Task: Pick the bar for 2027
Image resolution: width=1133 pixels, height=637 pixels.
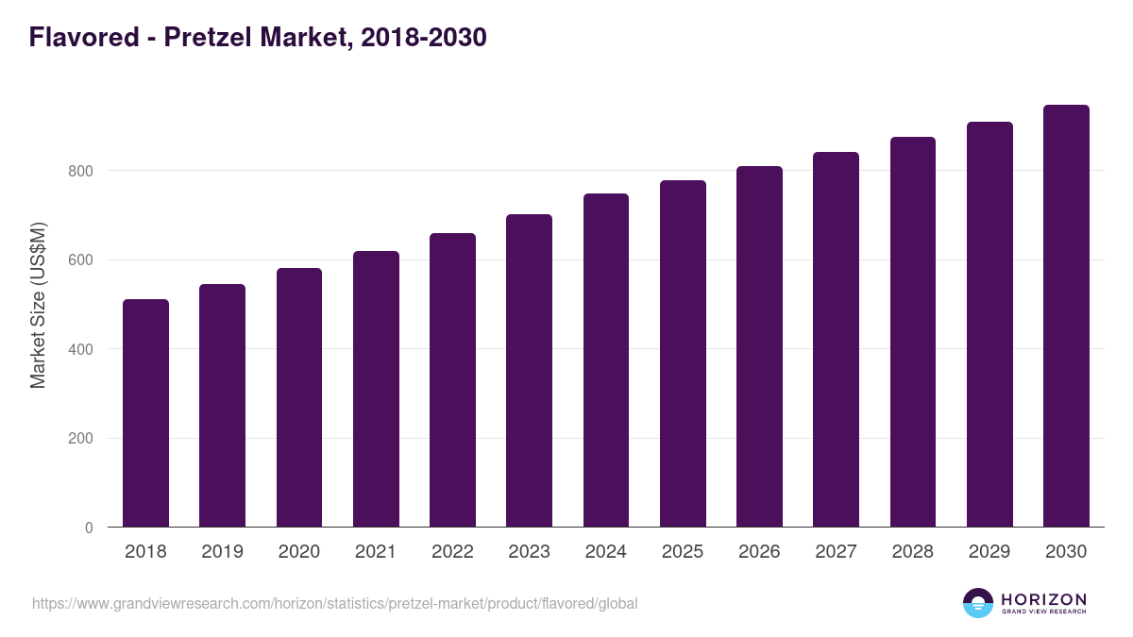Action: [836, 340]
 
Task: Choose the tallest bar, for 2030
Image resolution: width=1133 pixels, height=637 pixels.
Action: [1066, 316]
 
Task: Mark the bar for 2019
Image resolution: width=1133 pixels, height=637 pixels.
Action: [222, 406]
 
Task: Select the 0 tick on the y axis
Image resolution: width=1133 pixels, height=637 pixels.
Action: [89, 528]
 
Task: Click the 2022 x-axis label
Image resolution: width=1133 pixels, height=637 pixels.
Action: [452, 552]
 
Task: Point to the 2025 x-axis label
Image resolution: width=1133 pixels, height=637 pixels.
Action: [683, 552]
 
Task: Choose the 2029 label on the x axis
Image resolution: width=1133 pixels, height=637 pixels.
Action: [989, 552]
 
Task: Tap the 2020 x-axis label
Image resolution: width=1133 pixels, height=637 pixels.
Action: [298, 552]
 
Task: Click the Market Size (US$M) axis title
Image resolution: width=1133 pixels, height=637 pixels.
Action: [38, 305]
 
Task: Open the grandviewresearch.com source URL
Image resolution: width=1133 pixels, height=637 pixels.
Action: [335, 603]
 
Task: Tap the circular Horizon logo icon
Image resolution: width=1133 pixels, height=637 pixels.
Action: [978, 603]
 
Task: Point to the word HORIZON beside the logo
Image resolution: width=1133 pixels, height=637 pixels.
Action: [1043, 599]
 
